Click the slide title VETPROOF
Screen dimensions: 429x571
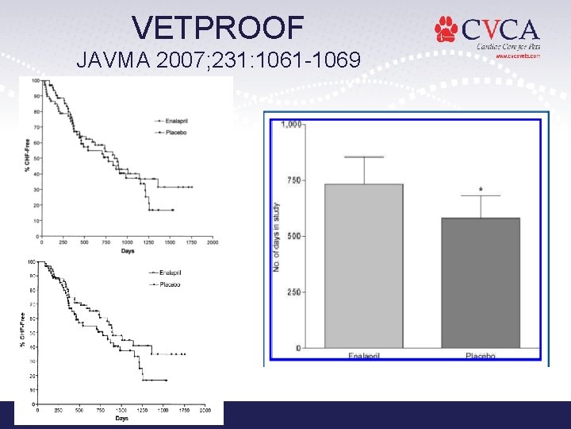(x=218, y=29)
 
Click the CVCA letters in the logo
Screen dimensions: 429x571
(x=500, y=30)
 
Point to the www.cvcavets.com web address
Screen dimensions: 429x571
(x=518, y=56)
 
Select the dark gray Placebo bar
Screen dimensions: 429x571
(x=480, y=282)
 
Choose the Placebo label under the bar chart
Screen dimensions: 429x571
(x=480, y=356)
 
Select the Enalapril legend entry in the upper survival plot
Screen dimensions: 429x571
(x=175, y=120)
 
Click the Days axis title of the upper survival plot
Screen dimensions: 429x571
(x=127, y=251)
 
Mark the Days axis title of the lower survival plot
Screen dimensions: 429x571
(x=121, y=418)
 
